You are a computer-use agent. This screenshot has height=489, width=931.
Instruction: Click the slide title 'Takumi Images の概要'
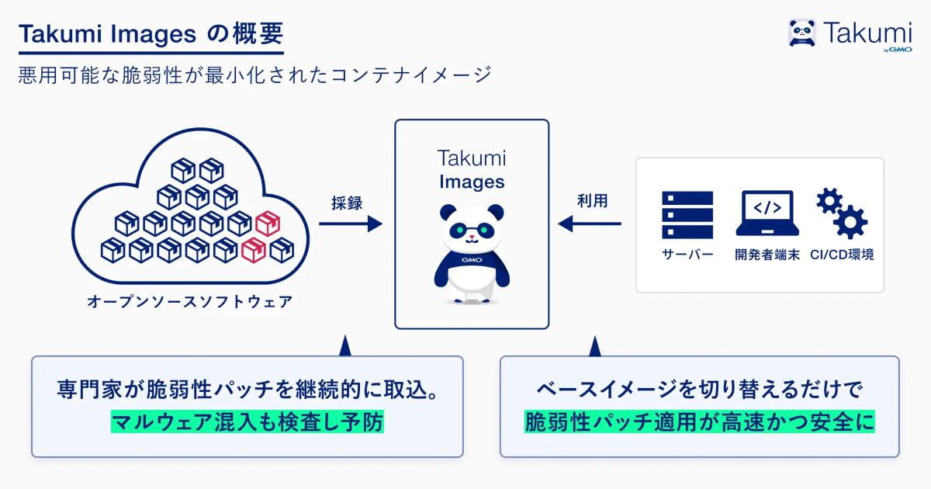pos(151,33)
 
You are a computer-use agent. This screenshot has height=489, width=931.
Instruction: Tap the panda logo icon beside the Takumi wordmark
pos(801,33)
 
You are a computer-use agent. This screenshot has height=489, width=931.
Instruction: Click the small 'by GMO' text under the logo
pos(898,50)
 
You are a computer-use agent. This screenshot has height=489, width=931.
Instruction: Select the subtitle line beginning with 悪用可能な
pos(255,75)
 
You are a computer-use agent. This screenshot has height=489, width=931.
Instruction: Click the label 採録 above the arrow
pos(347,203)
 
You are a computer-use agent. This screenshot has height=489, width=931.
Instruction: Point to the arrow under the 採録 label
pos(351,224)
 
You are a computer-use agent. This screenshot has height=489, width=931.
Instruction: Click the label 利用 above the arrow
pos(592,201)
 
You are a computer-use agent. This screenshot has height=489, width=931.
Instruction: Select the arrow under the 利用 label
pos(590,224)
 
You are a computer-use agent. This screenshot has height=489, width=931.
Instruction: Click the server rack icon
pos(687,215)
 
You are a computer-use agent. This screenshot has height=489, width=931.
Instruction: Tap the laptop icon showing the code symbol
pos(767,213)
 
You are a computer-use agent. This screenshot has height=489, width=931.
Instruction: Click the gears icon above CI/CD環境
pos(842,213)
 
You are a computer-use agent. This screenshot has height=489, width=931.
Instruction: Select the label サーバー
pos(687,254)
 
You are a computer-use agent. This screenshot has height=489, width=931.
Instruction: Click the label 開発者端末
pos(767,254)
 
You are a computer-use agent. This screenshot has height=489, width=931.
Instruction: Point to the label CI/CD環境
pos(842,254)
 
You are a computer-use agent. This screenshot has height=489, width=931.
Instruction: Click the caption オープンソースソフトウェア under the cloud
pos(190,301)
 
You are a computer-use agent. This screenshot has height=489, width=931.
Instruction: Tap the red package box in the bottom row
pos(254,250)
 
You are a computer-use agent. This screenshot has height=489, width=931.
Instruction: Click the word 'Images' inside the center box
pos(472,182)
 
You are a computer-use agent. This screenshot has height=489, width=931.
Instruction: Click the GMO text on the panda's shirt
pos(472,260)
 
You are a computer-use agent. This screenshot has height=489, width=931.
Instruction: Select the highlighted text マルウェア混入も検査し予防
pos(247,421)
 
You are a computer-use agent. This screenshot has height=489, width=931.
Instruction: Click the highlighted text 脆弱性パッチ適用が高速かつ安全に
pos(700,421)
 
